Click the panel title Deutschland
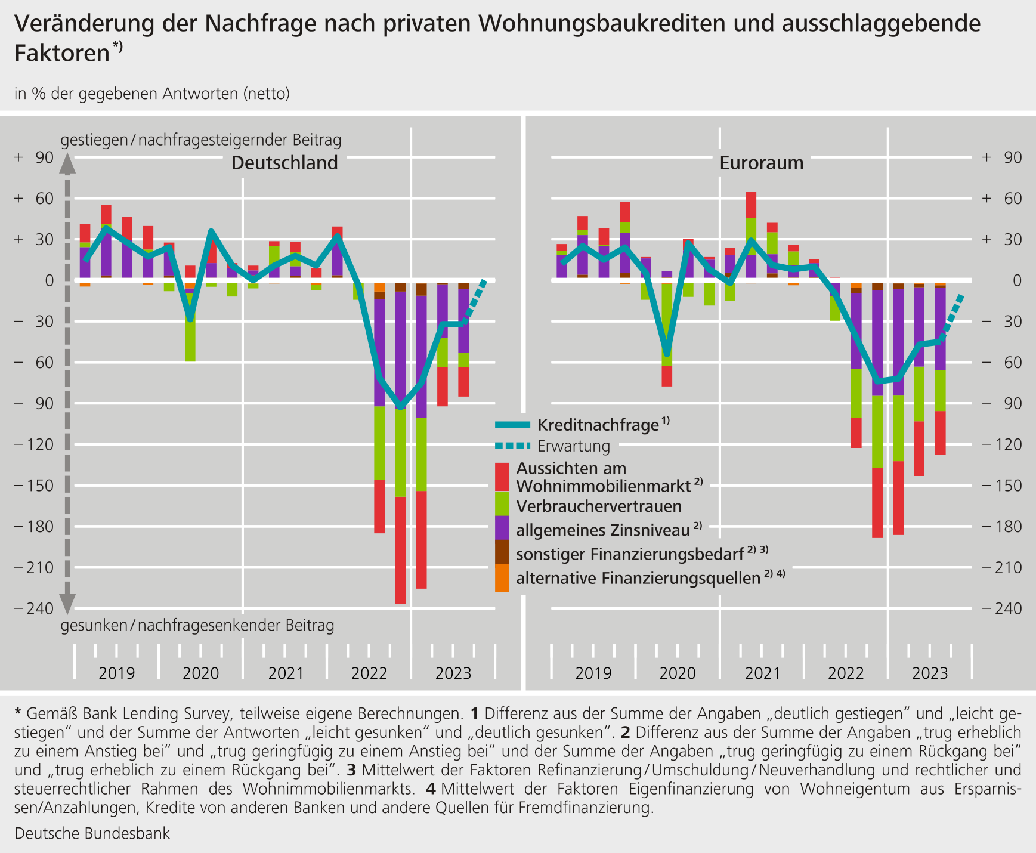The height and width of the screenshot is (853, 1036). [284, 163]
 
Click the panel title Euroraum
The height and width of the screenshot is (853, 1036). [762, 163]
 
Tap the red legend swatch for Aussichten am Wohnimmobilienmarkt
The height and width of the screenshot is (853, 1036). [502, 477]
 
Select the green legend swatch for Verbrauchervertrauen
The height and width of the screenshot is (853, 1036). [502, 503]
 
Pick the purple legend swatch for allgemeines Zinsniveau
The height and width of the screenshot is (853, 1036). [502, 528]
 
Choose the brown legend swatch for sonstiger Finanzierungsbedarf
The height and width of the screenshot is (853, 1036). [502, 552]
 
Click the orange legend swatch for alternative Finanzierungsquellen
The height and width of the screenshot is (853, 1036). [502, 577]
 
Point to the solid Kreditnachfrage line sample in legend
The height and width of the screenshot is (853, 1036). [512, 425]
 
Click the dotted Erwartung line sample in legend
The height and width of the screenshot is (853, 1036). [512, 446]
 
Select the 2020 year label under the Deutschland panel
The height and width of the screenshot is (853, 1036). [201, 673]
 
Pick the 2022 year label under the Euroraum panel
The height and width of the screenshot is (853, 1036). [846, 673]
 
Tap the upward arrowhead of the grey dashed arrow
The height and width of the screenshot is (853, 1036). [67, 163]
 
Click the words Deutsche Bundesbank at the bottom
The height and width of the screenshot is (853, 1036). [92, 833]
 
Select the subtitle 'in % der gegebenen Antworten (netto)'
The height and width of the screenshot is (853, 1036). [152, 94]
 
